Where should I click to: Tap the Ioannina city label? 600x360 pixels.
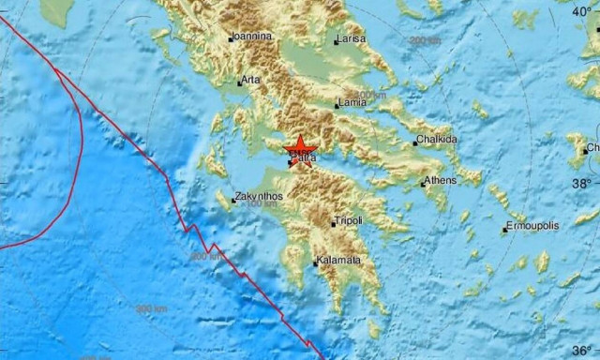point(253,37)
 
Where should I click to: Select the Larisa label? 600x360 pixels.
point(352,40)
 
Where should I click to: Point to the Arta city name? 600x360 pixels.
point(250,81)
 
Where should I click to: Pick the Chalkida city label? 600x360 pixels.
point(437,141)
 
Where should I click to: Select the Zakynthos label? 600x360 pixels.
point(259,196)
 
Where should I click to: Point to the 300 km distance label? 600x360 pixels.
point(150,308)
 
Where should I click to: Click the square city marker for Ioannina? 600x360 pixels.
point(230,38)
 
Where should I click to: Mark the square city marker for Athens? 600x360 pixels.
point(423,184)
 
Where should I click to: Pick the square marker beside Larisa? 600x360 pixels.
point(337,42)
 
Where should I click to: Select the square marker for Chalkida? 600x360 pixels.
point(415,143)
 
